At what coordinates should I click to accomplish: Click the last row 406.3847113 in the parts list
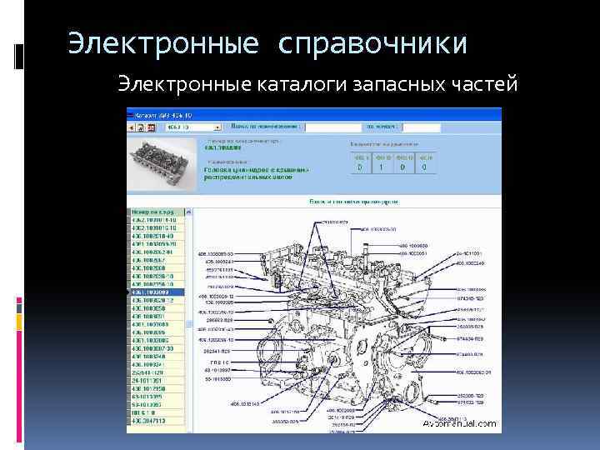point(157,422)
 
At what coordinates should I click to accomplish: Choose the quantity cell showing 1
point(382,167)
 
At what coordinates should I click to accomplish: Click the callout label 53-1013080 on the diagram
point(217,379)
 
